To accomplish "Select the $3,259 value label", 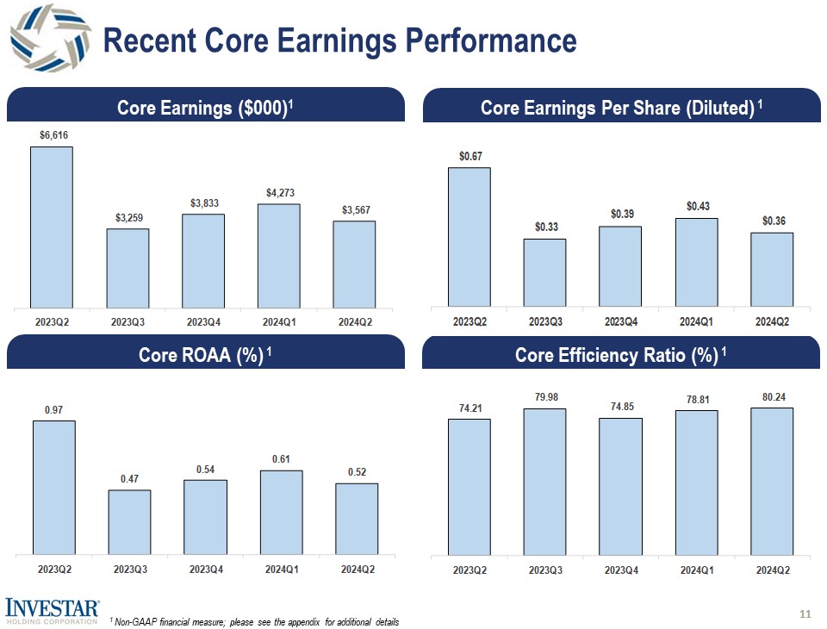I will point(127,217).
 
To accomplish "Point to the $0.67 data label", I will point(469,156).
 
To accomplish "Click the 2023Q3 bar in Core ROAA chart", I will point(129,521).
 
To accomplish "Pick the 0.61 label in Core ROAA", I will point(281,459).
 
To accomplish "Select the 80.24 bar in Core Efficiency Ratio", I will point(772,481).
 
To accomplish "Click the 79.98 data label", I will point(545,397).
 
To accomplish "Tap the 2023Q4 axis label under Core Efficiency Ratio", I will point(621,570).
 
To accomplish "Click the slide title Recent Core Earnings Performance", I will point(339,40).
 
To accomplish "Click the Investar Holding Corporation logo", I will point(52,611).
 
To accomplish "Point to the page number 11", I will point(805,613).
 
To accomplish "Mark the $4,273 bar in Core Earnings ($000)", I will point(279,254).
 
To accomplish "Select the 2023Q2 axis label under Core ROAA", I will point(53,570).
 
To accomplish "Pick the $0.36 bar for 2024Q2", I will point(772,268).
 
